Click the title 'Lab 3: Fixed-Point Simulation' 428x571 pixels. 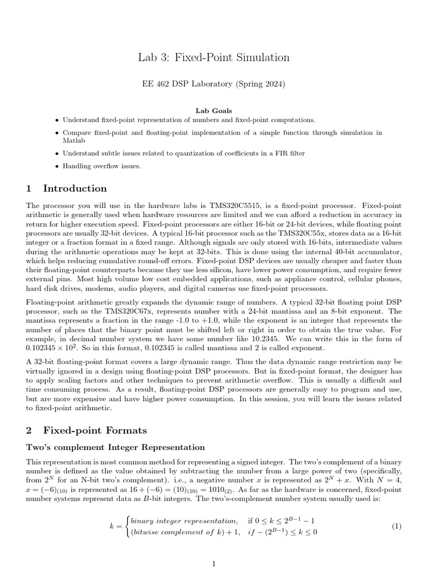(x=213, y=57)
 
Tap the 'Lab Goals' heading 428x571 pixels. (x=213, y=111)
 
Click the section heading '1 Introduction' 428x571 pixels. (x=66, y=188)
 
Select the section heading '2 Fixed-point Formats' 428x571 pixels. (x=86, y=430)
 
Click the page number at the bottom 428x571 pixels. (x=214, y=564)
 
